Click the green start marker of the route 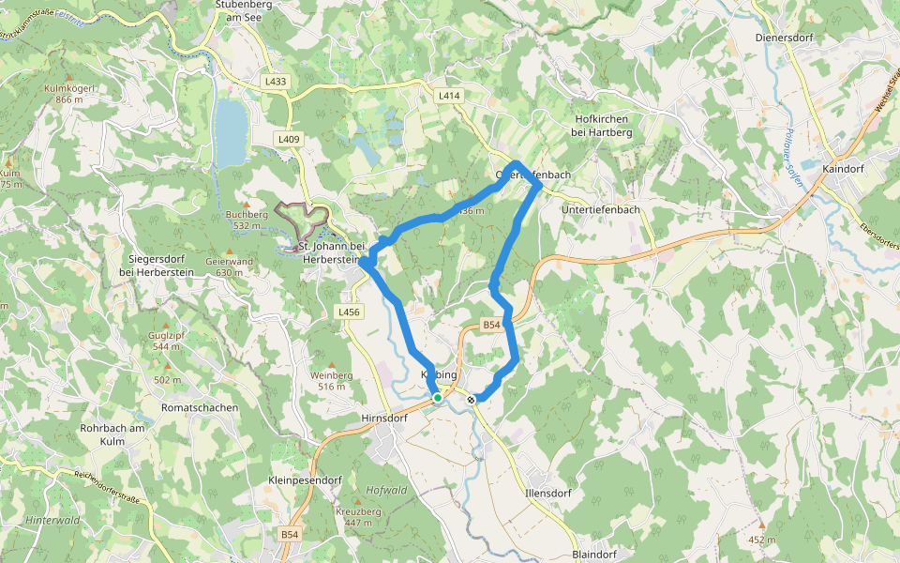[x=437, y=398]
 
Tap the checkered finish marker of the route [x=471, y=399]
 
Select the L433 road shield [x=276, y=82]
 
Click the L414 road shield [x=449, y=96]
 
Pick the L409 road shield [x=289, y=139]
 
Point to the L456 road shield [x=348, y=312]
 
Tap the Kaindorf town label [x=841, y=168]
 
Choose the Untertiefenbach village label [x=600, y=209]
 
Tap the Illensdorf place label [x=549, y=493]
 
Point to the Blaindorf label [x=592, y=555]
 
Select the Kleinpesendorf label [x=305, y=479]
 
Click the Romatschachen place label [x=200, y=408]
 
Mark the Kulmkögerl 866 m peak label [x=70, y=93]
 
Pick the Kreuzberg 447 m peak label [x=358, y=515]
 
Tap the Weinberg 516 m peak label [x=333, y=380]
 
